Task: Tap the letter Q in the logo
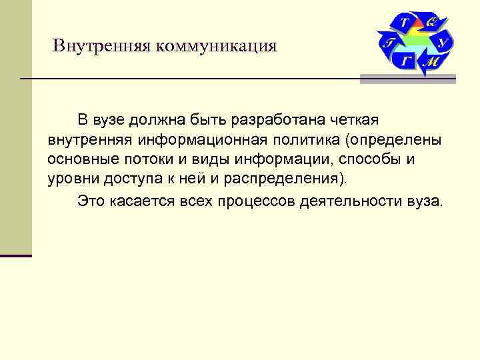click(431, 22)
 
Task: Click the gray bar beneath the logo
click(407, 79)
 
